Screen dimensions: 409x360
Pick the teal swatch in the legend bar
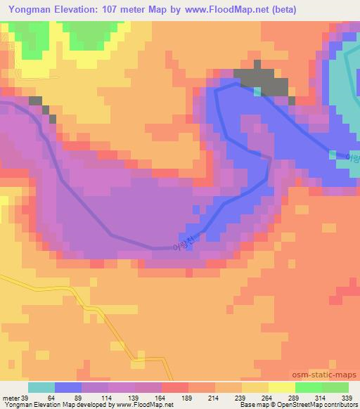click(41, 387)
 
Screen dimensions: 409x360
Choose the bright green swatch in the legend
click(309, 387)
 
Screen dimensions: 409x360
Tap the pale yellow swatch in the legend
click(282, 387)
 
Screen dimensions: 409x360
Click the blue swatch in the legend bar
click(68, 387)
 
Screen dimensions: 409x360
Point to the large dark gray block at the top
click(262, 82)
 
